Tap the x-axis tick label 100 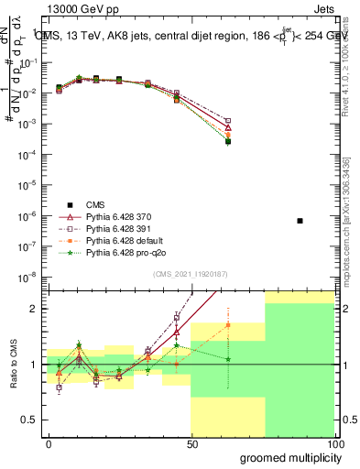click(x=334, y=443)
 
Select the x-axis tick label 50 click(x=191, y=443)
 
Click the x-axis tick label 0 click(x=49, y=443)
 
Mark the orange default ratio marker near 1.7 click(x=228, y=325)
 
